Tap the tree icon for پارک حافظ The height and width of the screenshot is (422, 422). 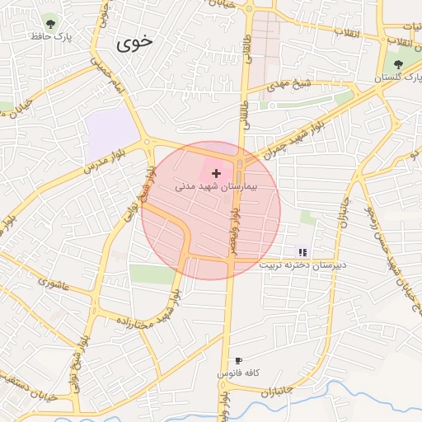[x=52, y=24]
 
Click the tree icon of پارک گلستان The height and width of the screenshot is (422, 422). [x=399, y=63]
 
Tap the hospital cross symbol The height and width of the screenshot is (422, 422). [x=217, y=173]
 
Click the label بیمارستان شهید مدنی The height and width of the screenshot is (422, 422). [x=217, y=187]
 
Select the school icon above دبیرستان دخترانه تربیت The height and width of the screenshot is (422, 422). [x=302, y=251]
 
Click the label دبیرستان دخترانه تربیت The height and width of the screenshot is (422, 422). [x=303, y=265]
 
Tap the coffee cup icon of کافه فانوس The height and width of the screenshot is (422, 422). [x=238, y=360]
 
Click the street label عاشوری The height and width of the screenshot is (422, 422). [x=53, y=282]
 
